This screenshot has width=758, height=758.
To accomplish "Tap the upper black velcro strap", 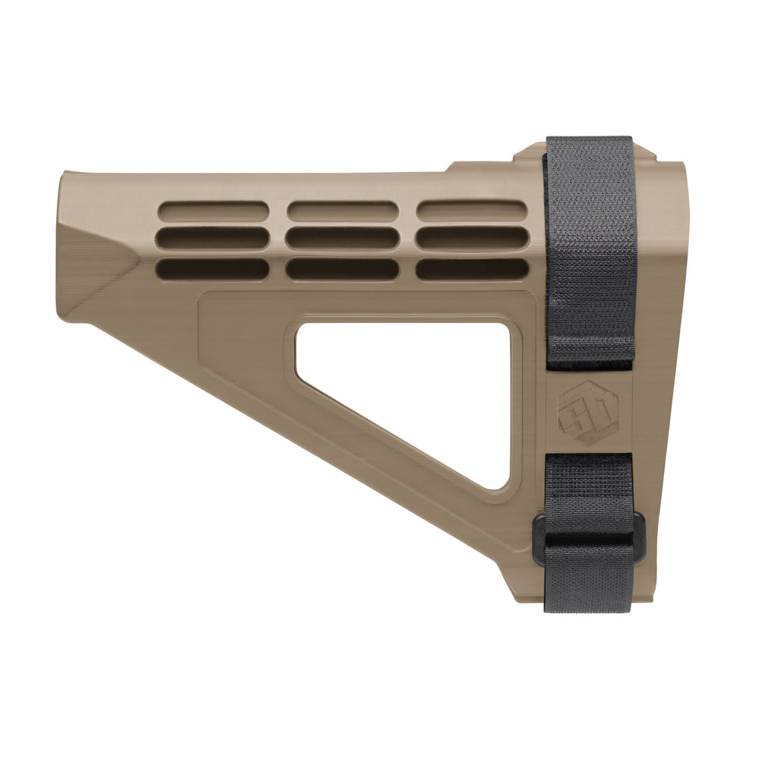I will click(x=590, y=250).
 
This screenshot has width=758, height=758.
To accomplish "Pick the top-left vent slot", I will click(x=212, y=210).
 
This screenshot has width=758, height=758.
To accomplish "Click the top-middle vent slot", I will click(x=343, y=210).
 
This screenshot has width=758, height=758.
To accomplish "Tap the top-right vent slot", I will click(x=471, y=210).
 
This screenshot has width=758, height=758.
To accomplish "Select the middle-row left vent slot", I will click(x=212, y=238).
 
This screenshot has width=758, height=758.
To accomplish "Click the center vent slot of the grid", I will click(x=343, y=238).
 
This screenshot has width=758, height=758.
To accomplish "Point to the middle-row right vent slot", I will click(x=471, y=238).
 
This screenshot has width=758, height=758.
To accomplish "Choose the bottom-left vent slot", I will click(x=212, y=268).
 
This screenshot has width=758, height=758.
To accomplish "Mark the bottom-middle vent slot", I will click(x=343, y=268).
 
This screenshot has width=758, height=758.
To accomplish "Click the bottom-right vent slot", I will click(x=471, y=268).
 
